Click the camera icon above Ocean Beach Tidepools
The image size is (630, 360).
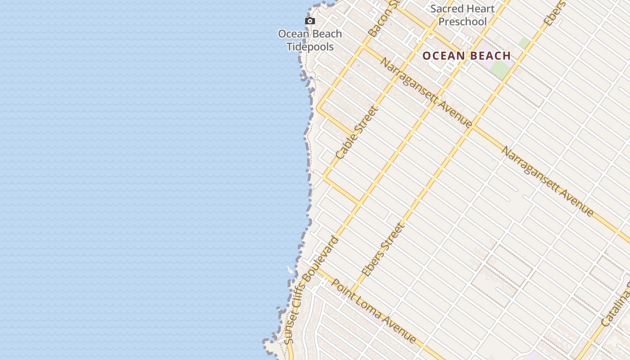click(310, 21)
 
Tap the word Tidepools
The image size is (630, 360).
click(310, 47)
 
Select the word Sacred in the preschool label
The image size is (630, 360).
click(445, 9)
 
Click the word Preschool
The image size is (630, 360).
click(463, 22)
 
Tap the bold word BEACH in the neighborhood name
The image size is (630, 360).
click(490, 56)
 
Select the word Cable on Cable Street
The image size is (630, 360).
click(344, 147)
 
